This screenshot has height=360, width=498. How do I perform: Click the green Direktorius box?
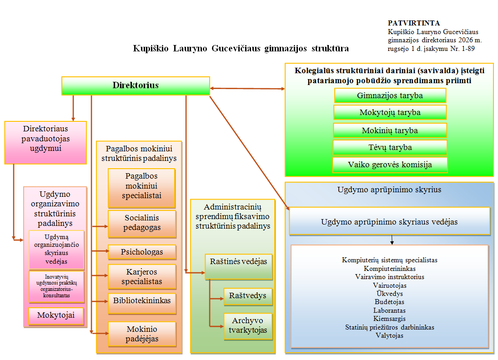(x=136, y=86)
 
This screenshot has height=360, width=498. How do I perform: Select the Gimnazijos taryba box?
(x=390, y=95)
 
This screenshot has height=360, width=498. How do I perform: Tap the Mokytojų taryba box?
(x=390, y=112)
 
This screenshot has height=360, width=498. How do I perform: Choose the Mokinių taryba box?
(x=390, y=130)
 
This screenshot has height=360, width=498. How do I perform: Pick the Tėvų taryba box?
(x=390, y=148)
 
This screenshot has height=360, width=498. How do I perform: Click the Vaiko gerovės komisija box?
(x=390, y=165)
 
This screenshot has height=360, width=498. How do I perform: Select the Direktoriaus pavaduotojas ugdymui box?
(x=45, y=143)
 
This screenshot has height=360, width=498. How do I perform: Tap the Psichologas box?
(x=142, y=252)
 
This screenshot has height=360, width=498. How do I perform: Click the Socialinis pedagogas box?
(x=142, y=224)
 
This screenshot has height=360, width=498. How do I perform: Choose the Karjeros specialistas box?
(x=142, y=276)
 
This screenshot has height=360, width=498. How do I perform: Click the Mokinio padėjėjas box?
(x=142, y=334)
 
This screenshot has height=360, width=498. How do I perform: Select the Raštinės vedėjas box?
(x=238, y=267)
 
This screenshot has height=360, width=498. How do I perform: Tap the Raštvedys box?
(x=248, y=296)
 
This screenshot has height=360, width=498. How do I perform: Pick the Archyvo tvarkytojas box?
(x=248, y=327)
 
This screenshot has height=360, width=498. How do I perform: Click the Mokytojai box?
(x=56, y=316)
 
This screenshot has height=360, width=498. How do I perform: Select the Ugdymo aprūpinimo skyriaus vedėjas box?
(x=389, y=221)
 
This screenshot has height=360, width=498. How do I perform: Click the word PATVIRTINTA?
(x=414, y=23)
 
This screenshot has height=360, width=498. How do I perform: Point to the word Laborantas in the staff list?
(x=389, y=310)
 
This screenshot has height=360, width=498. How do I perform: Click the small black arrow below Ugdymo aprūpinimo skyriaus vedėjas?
(x=392, y=240)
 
